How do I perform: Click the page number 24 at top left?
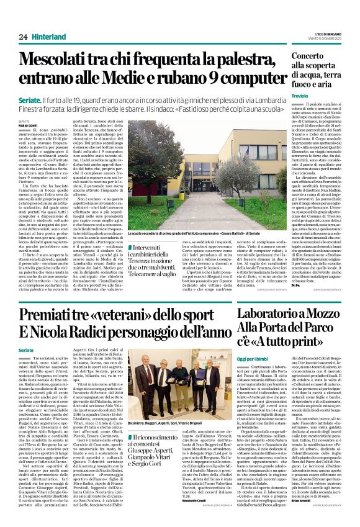pos(24,37)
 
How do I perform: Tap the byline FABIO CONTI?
pos(28,127)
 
